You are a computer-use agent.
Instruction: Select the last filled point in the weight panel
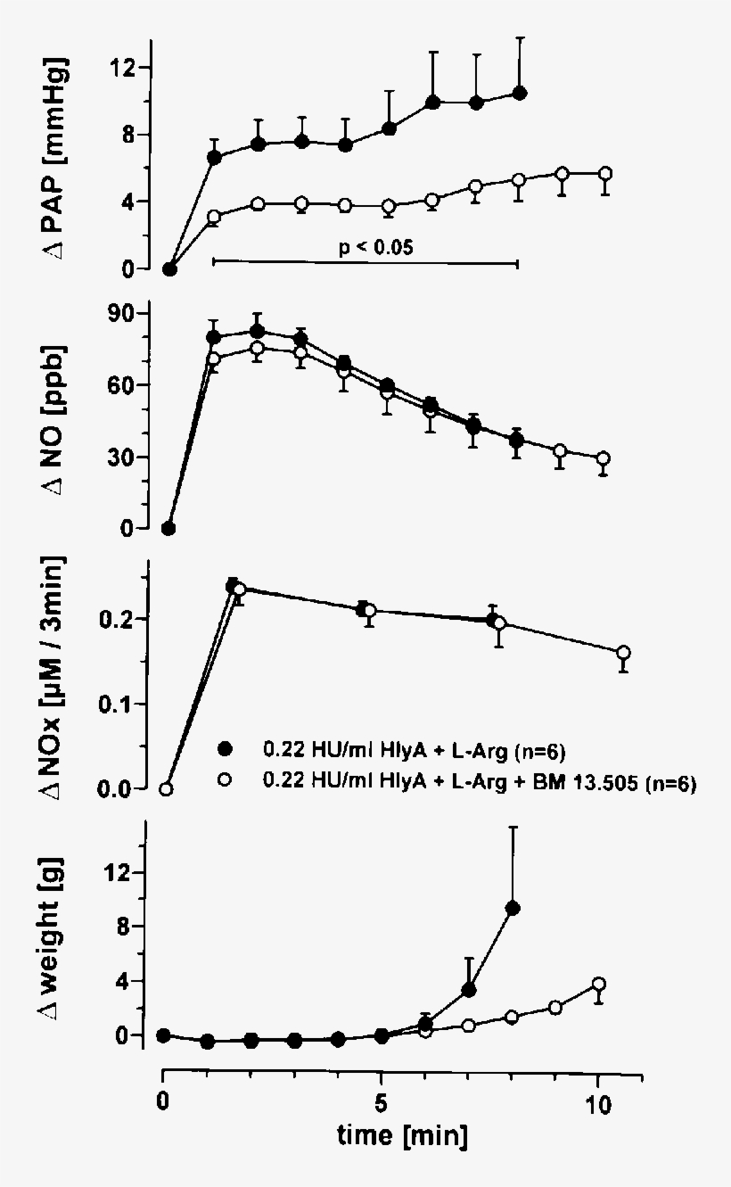(513, 908)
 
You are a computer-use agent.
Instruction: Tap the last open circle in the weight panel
(599, 985)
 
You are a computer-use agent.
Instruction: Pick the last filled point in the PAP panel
(520, 94)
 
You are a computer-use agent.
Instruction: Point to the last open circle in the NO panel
(604, 458)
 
